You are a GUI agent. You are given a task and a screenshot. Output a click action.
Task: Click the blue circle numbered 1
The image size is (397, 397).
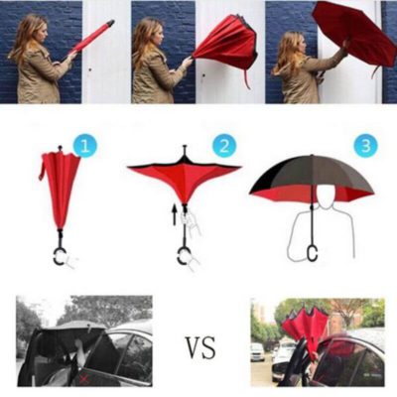point(85,146)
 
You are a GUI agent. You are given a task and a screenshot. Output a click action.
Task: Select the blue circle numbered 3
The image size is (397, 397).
point(368,146)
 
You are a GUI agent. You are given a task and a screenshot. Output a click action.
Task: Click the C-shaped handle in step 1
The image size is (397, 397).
point(60,257)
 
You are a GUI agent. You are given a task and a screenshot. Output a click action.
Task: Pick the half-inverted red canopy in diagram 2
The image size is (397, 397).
point(184,179)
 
